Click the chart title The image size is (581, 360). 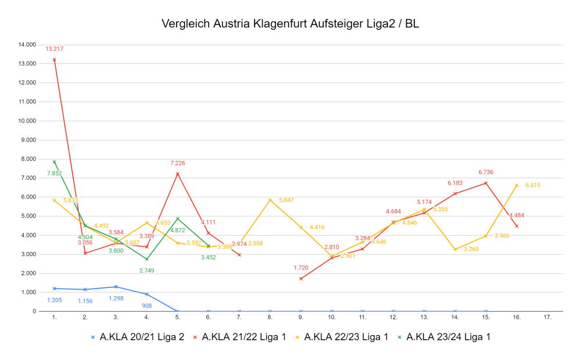click(x=290, y=24)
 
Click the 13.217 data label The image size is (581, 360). click(x=54, y=49)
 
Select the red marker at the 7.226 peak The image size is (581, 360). click(x=177, y=174)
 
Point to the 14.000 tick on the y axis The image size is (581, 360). click(x=27, y=45)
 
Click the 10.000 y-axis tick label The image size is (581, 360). click(x=27, y=121)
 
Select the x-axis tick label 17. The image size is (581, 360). click(x=547, y=318)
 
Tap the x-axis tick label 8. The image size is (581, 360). click(x=270, y=318)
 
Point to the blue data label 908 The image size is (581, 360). click(x=146, y=305)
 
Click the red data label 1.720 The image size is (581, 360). click(x=300, y=268)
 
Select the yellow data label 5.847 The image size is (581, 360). click(x=286, y=200)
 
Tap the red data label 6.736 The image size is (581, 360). click(x=486, y=172)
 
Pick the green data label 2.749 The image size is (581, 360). click(x=146, y=270)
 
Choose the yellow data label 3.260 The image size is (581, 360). click(x=471, y=250)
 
